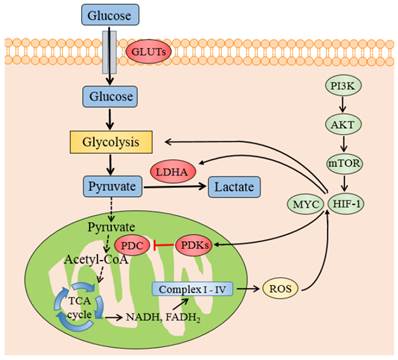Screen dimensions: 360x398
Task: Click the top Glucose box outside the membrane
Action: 105,15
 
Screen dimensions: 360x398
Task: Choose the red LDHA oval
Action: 174,173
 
